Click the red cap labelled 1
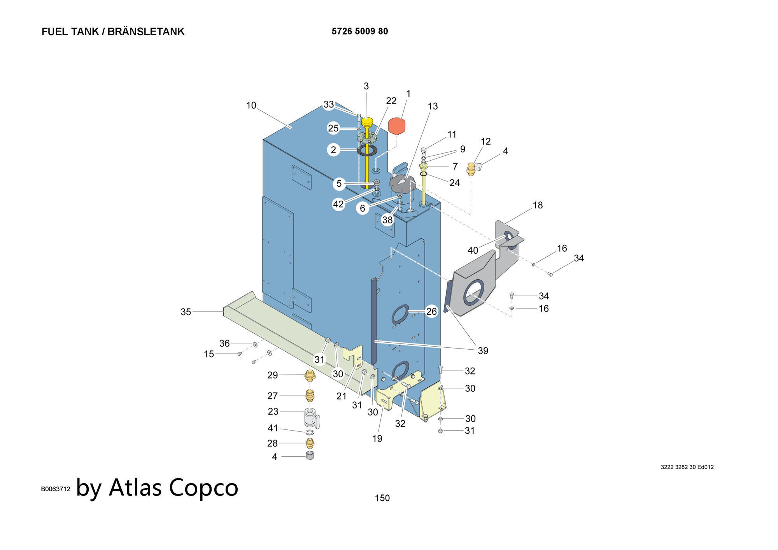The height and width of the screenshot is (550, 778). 397,126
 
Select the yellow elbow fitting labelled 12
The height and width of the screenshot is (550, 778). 471,169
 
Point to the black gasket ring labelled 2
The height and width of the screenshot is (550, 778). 366,150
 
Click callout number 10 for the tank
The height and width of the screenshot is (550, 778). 251,105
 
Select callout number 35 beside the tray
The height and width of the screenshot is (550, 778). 186,312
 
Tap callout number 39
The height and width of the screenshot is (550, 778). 483,351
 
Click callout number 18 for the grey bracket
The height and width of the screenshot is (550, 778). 538,205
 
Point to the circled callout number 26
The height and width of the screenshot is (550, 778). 431,311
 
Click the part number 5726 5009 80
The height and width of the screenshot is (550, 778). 359,32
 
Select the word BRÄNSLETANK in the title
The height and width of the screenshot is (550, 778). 146,32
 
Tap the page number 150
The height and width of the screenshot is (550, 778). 382,498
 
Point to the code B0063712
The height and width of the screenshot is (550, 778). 56,489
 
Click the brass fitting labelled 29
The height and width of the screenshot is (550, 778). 310,376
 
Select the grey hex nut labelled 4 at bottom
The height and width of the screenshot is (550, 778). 310,455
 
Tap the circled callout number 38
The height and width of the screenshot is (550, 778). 387,220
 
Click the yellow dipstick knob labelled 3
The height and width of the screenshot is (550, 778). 367,122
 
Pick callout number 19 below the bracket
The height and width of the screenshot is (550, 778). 377,439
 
